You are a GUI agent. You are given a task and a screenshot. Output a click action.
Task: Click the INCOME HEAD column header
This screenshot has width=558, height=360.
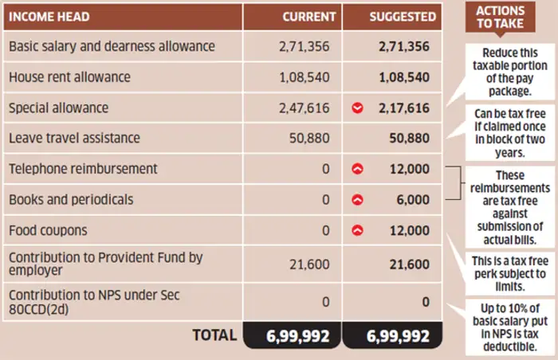[49, 16]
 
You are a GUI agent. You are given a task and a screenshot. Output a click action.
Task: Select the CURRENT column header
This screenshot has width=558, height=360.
[309, 16]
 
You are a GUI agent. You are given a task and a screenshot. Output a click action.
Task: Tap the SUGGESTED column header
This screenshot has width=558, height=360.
[403, 16]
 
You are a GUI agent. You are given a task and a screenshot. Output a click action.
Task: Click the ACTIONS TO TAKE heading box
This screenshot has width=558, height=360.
[500, 17]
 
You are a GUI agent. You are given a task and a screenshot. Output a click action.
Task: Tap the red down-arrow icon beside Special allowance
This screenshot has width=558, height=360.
[357, 108]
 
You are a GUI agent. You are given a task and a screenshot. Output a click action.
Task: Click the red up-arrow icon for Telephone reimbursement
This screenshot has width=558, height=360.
[357, 169]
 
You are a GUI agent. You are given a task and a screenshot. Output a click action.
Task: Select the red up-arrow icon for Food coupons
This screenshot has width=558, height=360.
[357, 230]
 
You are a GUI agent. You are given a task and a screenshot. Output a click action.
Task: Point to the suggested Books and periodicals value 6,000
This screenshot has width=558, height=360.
[413, 199]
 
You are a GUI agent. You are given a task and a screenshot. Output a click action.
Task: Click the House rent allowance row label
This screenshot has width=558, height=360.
[69, 77]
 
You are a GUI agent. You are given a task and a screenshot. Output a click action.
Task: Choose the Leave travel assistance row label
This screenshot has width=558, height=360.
[74, 138]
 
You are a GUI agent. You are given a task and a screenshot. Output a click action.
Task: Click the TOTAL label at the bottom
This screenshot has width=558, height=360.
[214, 335]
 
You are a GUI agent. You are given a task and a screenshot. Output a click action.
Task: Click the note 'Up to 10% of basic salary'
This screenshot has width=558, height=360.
[503, 327]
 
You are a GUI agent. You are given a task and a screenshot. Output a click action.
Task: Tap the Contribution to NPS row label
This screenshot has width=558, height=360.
[93, 302]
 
